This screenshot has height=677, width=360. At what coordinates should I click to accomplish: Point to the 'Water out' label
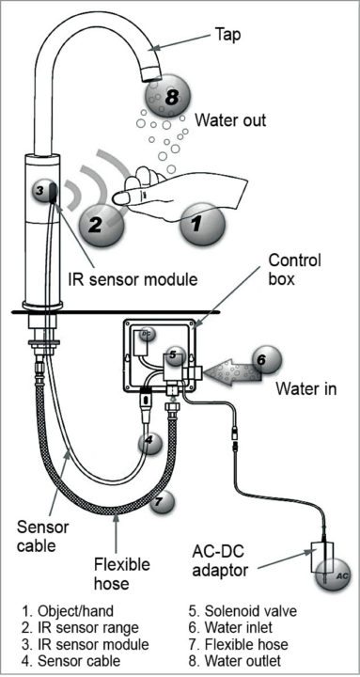point(230,120)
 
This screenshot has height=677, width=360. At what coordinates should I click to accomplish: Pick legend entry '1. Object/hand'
point(65,609)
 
